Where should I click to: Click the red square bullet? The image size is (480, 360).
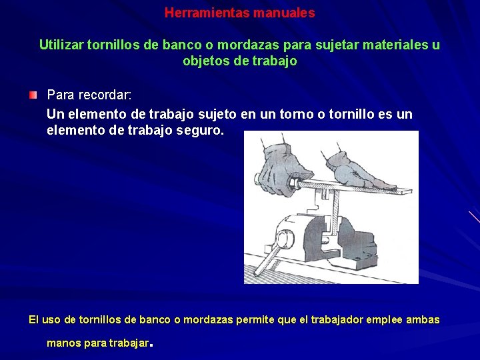point(33,96)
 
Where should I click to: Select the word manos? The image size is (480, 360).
point(62,343)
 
